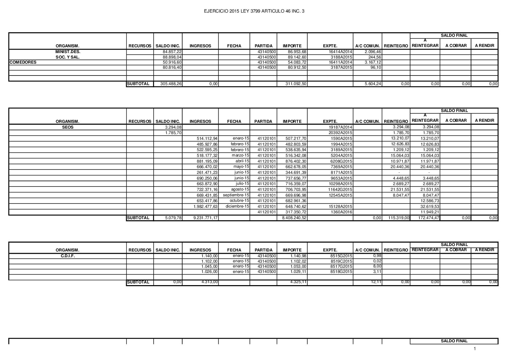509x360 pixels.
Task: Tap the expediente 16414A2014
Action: (341, 52)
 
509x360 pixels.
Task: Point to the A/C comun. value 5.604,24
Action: (373, 84)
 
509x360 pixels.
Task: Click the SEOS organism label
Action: (68, 127)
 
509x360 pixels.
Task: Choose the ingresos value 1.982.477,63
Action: (206, 207)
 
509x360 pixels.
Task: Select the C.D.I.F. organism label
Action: (68, 256)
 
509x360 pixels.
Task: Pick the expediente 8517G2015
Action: (342, 266)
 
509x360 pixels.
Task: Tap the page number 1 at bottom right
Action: (475, 349)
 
